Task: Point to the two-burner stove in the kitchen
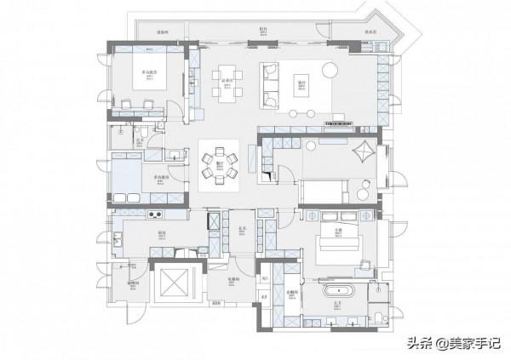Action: (x=158, y=213)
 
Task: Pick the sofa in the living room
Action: (x=271, y=83)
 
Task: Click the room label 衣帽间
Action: (x=291, y=293)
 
